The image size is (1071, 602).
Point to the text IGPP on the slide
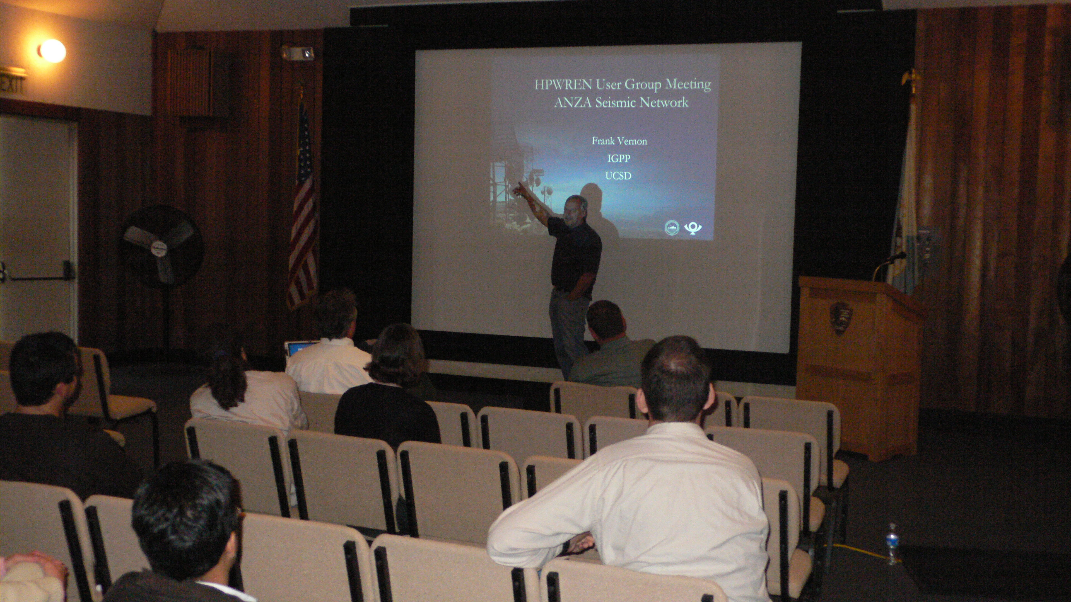point(619,158)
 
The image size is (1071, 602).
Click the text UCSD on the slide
point(618,176)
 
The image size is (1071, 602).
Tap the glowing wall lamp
point(52,51)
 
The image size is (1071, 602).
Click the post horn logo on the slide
point(693,228)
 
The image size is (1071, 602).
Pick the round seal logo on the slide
point(672,228)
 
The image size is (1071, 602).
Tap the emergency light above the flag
point(298,53)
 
